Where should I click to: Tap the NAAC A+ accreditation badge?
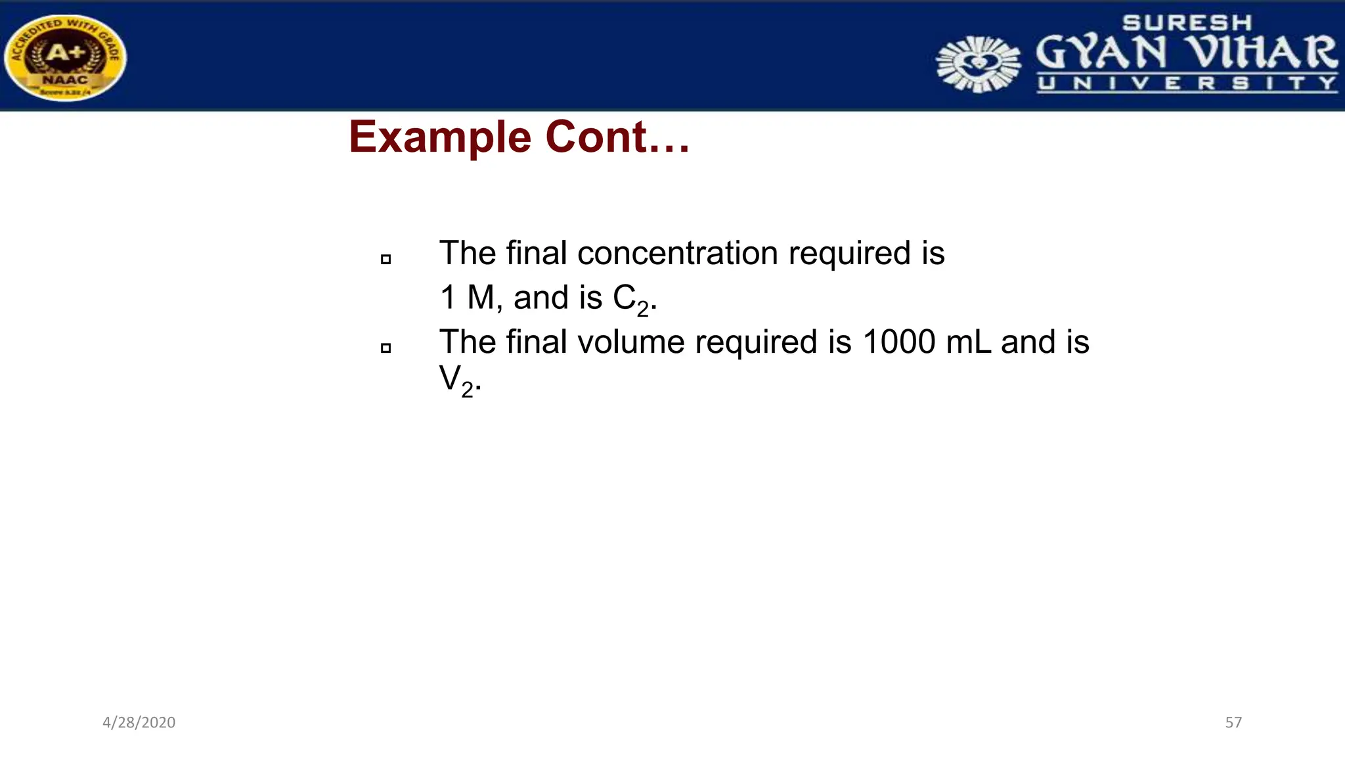pyautogui.click(x=65, y=58)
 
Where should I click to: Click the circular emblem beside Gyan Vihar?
pyautogui.click(x=978, y=64)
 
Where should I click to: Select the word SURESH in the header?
pyautogui.click(x=1187, y=23)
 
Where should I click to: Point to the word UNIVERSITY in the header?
pyautogui.click(x=1187, y=83)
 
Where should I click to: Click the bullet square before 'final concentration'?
pyautogui.click(x=386, y=260)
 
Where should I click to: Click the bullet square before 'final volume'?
pyautogui.click(x=386, y=348)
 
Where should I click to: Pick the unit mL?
pyautogui.click(x=969, y=342)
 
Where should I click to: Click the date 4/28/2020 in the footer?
pyautogui.click(x=139, y=723)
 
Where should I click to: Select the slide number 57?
pyautogui.click(x=1233, y=723)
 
